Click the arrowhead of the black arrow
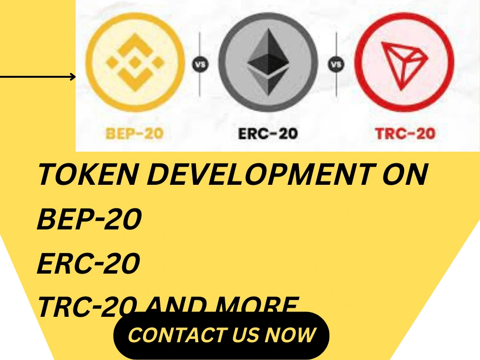[73, 77]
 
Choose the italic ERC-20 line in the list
[88, 264]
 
